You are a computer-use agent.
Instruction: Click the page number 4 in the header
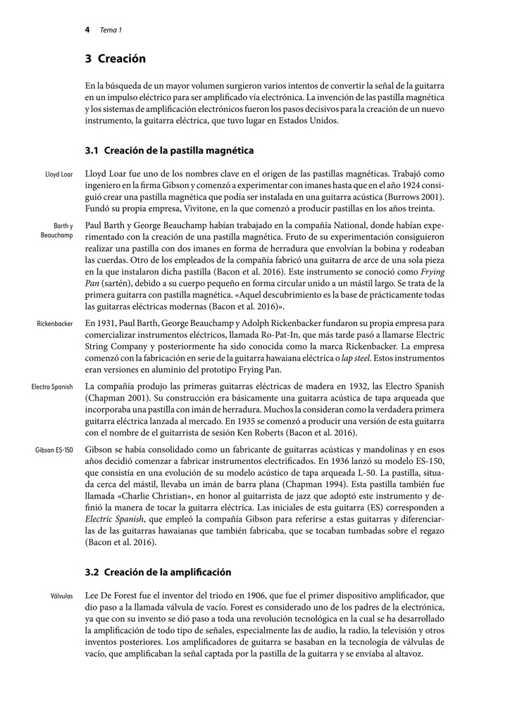tap(87, 30)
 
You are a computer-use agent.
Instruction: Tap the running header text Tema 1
tap(111, 30)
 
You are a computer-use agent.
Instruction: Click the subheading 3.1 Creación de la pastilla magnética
tap(169, 151)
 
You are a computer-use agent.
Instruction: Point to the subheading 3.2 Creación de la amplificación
tap(158, 572)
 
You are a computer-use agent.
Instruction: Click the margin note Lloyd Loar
tap(59, 174)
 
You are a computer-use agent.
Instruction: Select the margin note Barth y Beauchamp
tap(57, 230)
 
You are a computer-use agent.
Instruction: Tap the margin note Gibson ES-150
tap(54, 449)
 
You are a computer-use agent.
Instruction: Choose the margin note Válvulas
tap(62, 596)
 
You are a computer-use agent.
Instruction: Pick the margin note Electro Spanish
tap(52, 387)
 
